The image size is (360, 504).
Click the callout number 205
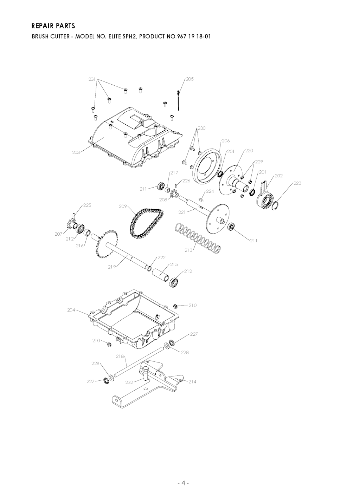pos(190,79)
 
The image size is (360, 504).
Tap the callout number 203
pos(76,152)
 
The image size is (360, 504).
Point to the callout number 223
pos(297,183)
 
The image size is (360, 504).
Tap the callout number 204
pos(71,310)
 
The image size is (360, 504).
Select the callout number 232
pos(129,382)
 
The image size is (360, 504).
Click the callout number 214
pos(192,381)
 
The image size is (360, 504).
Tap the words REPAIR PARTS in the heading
pos(53,26)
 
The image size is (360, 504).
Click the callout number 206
pos(226,141)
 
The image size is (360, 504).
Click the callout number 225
pos(87,205)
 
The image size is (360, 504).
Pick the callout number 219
pos(112,267)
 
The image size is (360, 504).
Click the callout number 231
pos(92,79)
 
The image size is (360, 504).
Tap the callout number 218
pos(120,356)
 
